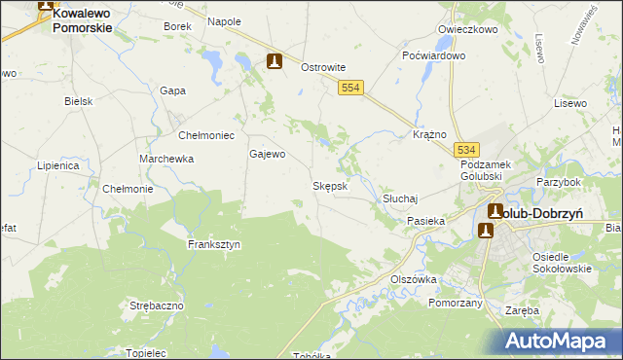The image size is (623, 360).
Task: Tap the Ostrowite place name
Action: [323, 67]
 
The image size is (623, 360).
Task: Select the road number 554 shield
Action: [352, 89]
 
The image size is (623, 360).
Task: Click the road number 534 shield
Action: [467, 149]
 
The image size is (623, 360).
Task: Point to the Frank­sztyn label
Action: [214, 245]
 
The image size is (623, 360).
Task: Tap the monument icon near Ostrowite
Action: [275, 61]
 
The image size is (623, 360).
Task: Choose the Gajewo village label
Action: [268, 154]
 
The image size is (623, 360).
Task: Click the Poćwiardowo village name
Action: [434, 55]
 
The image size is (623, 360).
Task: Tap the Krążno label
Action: [429, 133]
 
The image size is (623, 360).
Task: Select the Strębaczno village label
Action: [157, 306]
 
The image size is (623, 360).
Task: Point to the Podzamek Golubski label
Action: [486, 172]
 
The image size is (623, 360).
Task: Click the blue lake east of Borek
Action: [210, 61]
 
